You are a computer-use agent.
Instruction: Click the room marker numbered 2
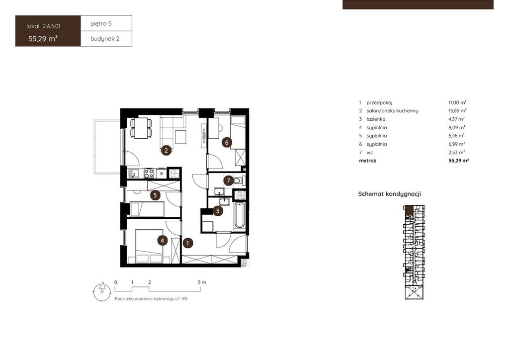point(166,150)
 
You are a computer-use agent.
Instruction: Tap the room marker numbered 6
point(227,142)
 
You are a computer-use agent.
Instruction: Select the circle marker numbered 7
point(229,180)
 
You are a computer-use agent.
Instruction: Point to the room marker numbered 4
point(163,241)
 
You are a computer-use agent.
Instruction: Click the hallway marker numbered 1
point(187,243)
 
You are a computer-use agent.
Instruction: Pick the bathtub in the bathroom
point(240,215)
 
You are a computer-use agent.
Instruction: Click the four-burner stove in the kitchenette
point(149,174)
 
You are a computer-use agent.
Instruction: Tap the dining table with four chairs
point(141,128)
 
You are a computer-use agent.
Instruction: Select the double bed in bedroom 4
point(149,247)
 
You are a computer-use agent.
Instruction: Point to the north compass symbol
point(102,290)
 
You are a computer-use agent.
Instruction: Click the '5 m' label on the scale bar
point(202,282)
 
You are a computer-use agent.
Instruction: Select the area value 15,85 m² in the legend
point(457,111)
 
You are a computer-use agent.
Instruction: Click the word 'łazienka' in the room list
point(376,119)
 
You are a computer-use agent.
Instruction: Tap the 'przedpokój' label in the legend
point(379,102)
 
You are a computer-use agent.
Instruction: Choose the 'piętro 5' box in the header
point(106,23)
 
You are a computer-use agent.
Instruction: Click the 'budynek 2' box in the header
point(106,39)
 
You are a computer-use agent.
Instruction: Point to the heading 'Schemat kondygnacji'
point(390,194)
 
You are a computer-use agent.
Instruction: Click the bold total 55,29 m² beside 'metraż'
point(459,161)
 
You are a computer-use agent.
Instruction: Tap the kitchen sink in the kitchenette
point(133,174)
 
